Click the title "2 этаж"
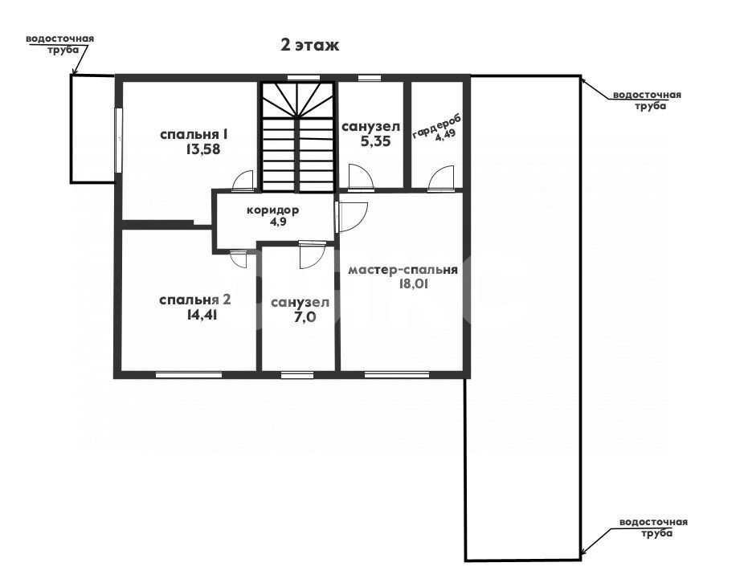309,45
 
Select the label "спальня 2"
195,300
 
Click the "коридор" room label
272,210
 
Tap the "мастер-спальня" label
403,270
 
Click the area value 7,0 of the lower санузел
299,318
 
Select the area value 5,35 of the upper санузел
370,143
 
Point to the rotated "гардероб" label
426,126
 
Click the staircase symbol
297,137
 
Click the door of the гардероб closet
441,181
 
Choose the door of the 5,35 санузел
358,177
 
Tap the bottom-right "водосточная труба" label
652,528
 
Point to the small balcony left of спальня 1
93,128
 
